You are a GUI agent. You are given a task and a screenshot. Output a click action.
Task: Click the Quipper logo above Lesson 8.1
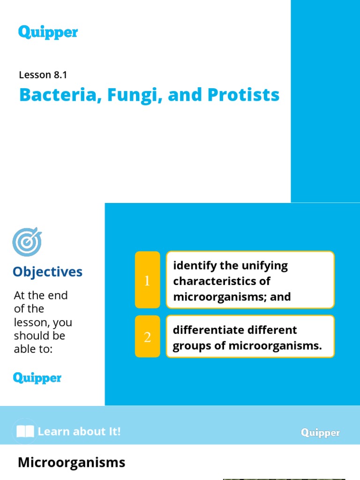[x=48, y=32]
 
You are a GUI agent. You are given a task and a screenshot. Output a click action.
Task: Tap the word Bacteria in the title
[x=57, y=95]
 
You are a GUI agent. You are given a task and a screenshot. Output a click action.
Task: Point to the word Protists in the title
[x=243, y=95]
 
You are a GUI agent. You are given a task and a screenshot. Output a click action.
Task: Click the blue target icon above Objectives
[x=27, y=242]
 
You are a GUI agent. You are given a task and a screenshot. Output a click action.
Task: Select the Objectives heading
[x=47, y=272]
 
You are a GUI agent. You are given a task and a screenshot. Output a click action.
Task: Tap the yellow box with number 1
[x=147, y=280]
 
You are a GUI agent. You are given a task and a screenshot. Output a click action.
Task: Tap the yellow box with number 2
[x=147, y=337]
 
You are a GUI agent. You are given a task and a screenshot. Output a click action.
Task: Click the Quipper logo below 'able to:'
[x=37, y=378]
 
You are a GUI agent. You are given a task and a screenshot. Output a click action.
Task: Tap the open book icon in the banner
[x=25, y=432]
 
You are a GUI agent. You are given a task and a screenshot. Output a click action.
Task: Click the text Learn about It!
[x=79, y=432]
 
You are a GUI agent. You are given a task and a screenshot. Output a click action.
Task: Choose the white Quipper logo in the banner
[x=321, y=433]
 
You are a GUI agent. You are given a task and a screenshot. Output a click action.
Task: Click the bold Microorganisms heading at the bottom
[x=71, y=463]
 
